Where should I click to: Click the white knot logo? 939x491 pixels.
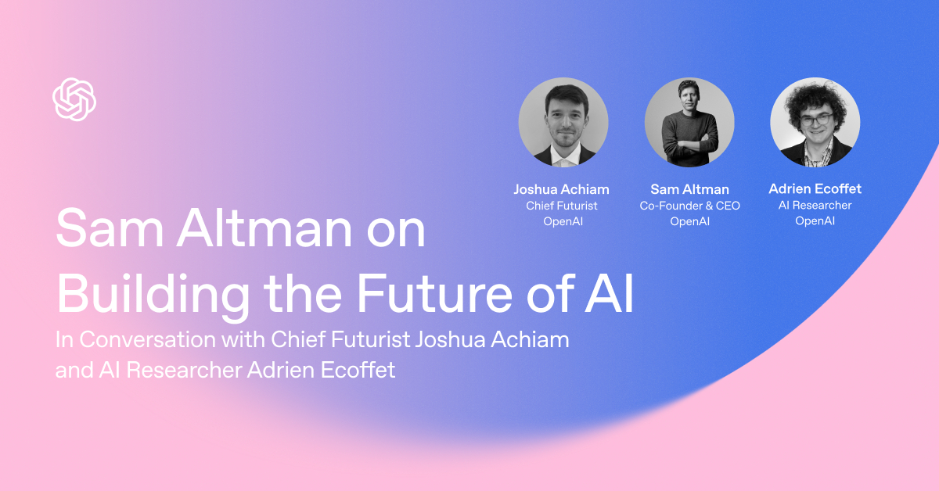click(x=74, y=99)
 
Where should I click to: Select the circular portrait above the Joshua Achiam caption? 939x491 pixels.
click(x=563, y=122)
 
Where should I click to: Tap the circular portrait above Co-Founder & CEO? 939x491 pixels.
click(x=689, y=122)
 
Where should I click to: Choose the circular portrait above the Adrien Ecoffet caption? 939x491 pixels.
click(x=815, y=122)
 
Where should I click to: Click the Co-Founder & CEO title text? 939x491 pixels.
click(x=689, y=206)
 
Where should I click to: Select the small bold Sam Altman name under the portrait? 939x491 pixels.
click(x=689, y=189)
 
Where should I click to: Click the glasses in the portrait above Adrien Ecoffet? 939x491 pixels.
click(x=815, y=120)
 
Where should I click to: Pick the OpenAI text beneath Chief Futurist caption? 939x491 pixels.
click(x=561, y=221)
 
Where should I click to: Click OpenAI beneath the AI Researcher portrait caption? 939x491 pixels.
click(x=815, y=221)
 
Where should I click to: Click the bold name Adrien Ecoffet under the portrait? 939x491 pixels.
click(x=815, y=189)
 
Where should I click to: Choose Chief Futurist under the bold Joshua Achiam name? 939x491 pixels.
click(x=561, y=206)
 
